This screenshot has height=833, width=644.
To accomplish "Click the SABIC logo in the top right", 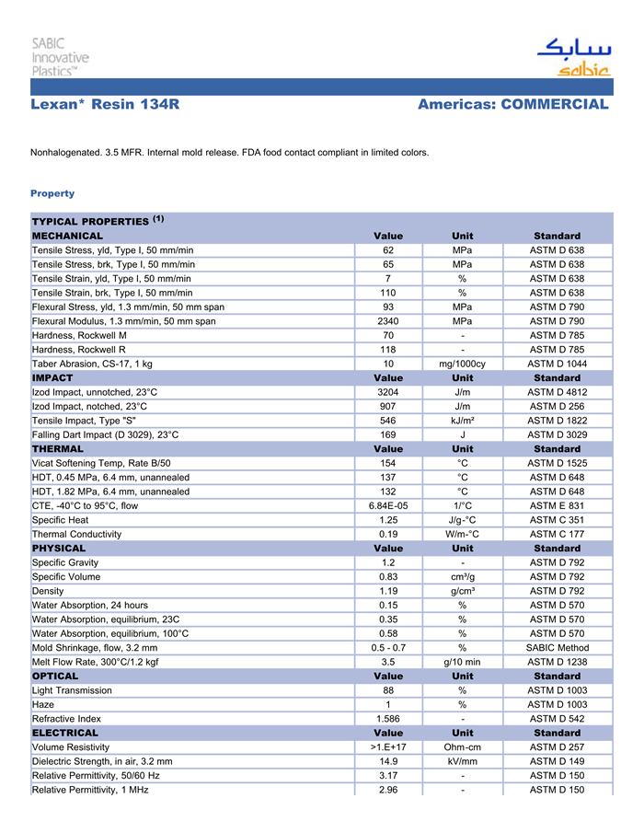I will pyautogui.click(x=572, y=57).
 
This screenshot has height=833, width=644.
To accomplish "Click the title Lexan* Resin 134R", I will pyautogui.click(x=105, y=105).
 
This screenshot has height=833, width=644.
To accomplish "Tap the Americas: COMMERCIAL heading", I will pyautogui.click(x=512, y=105).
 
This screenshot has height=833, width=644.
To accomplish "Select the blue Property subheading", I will pyautogui.click(x=52, y=193).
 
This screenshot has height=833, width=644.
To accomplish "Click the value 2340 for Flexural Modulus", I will pyautogui.click(x=388, y=321).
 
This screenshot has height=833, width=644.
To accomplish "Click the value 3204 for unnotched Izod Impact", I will pyautogui.click(x=388, y=392).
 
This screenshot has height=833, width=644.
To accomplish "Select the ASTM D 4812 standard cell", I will pyautogui.click(x=557, y=392).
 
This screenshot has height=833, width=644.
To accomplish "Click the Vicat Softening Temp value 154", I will pyautogui.click(x=388, y=463).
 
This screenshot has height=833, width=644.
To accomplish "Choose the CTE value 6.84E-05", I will pyautogui.click(x=388, y=505).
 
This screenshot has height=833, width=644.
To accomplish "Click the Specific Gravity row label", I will pyautogui.click(x=65, y=562).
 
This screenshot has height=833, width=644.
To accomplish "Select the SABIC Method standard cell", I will pyautogui.click(x=557, y=647).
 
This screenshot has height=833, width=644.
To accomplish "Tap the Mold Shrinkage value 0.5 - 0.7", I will pyautogui.click(x=388, y=647).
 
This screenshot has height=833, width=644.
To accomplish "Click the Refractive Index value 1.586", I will pyautogui.click(x=388, y=719).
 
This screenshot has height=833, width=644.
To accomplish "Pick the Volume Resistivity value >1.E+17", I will pyautogui.click(x=388, y=747).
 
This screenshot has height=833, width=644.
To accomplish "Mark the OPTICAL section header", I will pyautogui.click(x=55, y=676).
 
